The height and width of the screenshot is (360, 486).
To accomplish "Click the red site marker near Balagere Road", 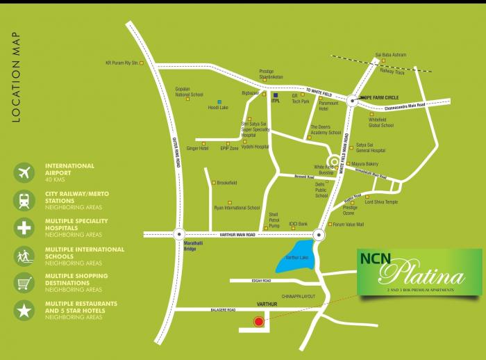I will click(259, 322).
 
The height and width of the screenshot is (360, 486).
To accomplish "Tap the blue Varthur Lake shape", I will click(297, 255).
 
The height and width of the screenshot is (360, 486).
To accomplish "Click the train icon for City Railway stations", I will click(24, 201).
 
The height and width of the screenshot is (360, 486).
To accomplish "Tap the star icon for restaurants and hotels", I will click(24, 311).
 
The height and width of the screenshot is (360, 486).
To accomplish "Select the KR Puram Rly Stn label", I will click(121, 63).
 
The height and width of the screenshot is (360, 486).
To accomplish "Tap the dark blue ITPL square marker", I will click(274, 95).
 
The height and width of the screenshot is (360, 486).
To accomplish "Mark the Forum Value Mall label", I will click(349, 224).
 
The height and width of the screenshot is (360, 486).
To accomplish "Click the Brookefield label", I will click(228, 183).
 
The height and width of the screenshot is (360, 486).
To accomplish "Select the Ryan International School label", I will click(237, 208).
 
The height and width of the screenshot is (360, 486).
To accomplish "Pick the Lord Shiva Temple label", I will click(382, 202).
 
